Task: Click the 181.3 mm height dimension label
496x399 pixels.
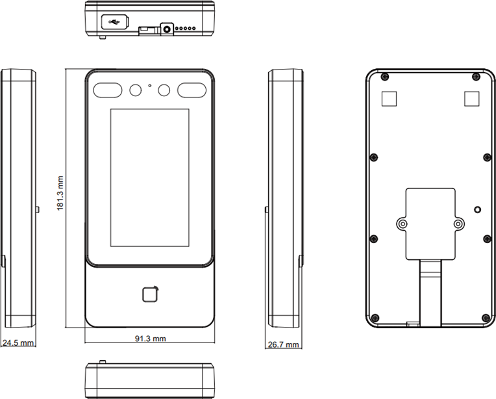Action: pos(60,193)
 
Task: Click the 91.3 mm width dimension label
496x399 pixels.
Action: pos(151,339)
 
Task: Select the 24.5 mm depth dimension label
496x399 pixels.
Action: pos(18,342)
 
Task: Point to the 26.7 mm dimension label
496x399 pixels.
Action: pos(284,344)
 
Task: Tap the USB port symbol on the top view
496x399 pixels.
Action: pos(114,22)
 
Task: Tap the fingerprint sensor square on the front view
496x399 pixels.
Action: pos(150,294)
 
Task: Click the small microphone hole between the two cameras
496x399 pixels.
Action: pos(149,85)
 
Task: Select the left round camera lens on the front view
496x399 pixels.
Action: pos(136,90)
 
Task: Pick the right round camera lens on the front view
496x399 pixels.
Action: pos(164,90)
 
